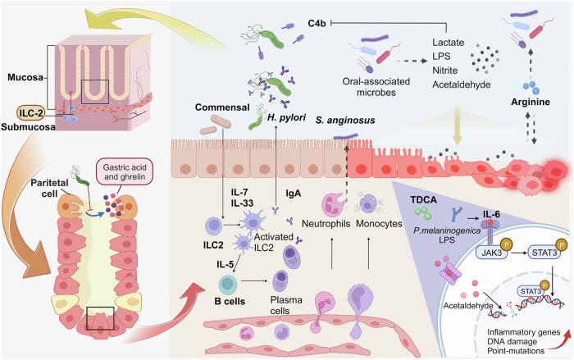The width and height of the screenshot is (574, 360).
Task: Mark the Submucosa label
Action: click(27, 128)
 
